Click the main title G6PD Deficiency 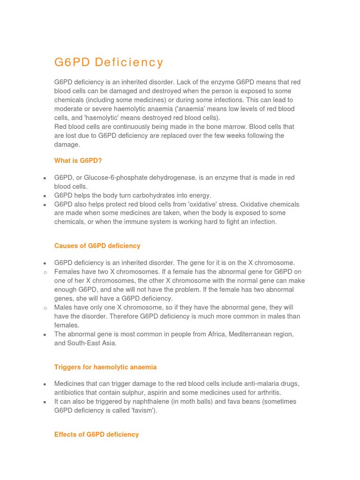pyautogui.click(x=109, y=62)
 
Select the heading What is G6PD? pyautogui.click(x=78, y=160)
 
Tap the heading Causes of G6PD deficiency pyautogui.click(x=97, y=246)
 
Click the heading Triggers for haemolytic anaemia pyautogui.click(x=105, y=367)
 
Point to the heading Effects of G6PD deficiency pyautogui.click(x=97, y=435)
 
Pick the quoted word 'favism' pyautogui.click(x=143, y=410)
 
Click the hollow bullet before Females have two pyautogui.click(x=45, y=272)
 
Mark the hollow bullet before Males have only pyautogui.click(x=45, y=308)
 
